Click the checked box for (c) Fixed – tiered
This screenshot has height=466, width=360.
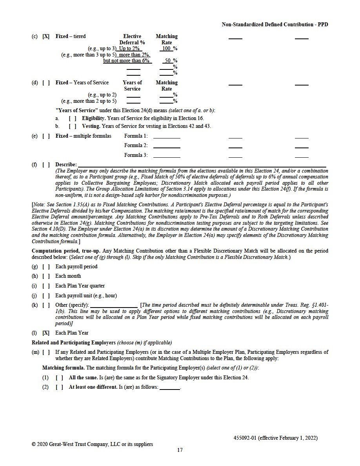pos(46,36)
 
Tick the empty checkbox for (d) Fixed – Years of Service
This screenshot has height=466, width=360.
pos(46,83)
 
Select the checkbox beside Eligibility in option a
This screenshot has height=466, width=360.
pos(72,118)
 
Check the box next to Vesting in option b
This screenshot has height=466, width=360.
pos(72,126)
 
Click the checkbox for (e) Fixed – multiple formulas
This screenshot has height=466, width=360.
pos(46,136)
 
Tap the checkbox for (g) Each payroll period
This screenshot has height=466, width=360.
pos(46,267)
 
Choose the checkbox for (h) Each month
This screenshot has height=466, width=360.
pos(46,276)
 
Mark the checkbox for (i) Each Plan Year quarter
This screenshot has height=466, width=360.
pos(46,286)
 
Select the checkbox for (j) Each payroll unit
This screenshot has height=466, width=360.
pos(46,296)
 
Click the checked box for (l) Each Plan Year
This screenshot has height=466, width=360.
pos(46,333)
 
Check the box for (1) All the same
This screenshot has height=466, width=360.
pos(59,378)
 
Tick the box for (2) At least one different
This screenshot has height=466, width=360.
pos(59,388)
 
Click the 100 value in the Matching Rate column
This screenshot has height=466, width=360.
pos(166,49)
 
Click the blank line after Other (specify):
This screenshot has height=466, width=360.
pos(114,305)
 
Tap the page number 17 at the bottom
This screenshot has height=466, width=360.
pos(180,450)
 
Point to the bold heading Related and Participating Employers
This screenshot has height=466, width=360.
pos(74,342)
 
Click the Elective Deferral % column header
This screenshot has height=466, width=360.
pos(132,39)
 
